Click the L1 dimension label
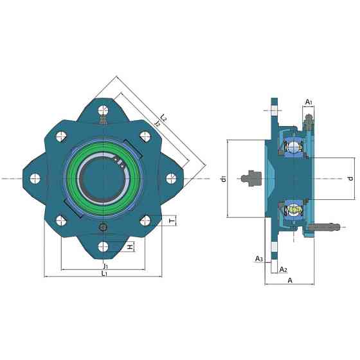(104, 273)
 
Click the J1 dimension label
(105, 266)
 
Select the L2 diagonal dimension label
(163, 117)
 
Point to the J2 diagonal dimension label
(157, 123)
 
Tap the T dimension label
(172, 221)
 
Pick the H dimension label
(130, 247)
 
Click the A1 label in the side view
(309, 102)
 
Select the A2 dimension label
(283, 269)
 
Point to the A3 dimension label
(259, 259)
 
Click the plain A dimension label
(290, 280)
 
